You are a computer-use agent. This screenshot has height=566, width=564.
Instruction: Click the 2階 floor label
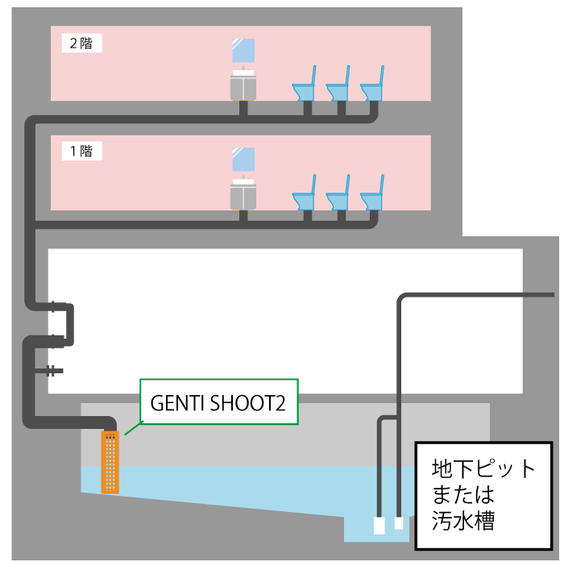pos(81,44)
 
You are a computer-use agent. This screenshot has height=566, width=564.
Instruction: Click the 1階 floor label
pos(81,151)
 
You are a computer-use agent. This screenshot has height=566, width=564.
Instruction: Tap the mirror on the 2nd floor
pos(243,51)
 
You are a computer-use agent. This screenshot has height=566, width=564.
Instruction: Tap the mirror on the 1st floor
pos(243,159)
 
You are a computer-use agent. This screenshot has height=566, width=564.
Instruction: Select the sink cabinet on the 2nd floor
pos(243,85)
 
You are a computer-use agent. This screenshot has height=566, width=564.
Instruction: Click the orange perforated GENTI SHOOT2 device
pos(110,462)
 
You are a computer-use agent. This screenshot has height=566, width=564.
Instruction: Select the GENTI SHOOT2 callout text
pos(218,403)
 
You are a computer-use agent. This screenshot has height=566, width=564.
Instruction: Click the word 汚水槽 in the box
pos(463,521)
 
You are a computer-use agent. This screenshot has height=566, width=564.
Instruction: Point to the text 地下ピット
pos(483,468)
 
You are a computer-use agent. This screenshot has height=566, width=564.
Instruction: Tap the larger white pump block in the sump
pos(379,526)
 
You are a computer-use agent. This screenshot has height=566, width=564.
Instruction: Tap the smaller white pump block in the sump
pos(399,523)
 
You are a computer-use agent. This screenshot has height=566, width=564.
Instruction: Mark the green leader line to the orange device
pos(134,428)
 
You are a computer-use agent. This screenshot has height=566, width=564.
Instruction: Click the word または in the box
pos(463,494)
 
